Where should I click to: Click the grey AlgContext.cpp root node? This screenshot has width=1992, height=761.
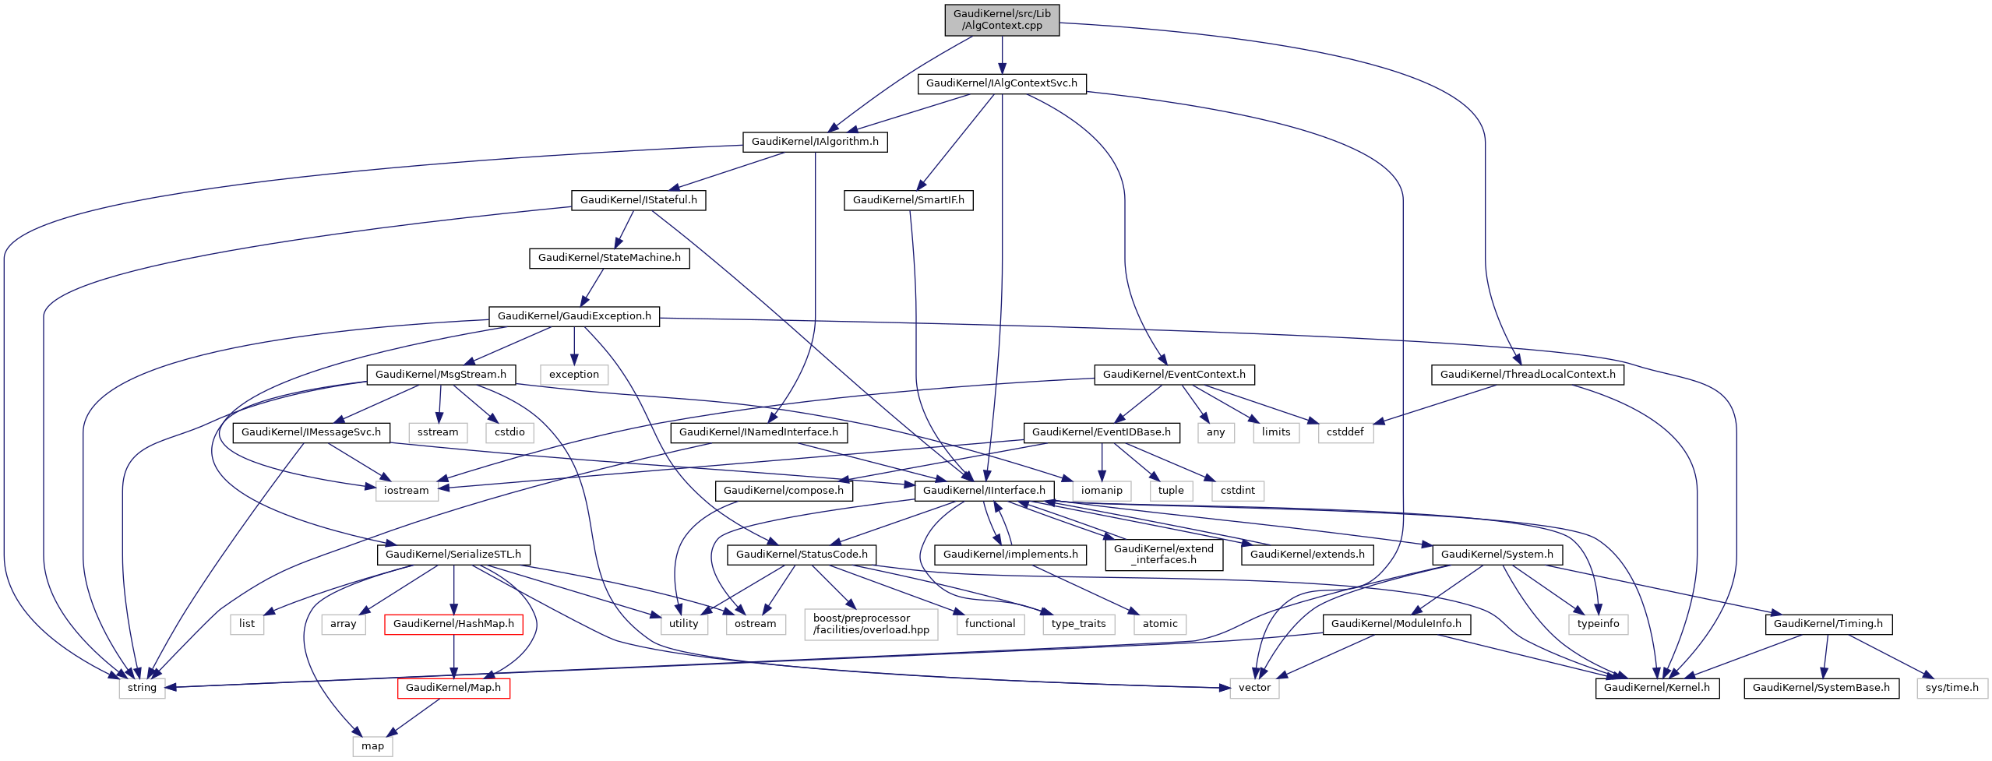(x=1002, y=19)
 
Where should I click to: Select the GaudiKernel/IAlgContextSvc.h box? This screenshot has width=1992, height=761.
(x=1001, y=83)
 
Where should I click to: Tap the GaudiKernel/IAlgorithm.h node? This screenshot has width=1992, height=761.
(x=814, y=142)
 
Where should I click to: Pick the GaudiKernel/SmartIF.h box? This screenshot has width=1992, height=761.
(x=908, y=200)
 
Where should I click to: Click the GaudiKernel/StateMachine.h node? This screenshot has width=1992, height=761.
(x=609, y=258)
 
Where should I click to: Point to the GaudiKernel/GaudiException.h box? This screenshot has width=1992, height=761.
(x=574, y=316)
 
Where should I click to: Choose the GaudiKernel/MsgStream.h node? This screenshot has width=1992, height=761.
(x=440, y=375)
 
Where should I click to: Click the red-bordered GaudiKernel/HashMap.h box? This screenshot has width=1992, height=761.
(x=453, y=624)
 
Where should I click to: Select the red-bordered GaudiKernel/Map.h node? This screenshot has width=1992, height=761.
(x=453, y=688)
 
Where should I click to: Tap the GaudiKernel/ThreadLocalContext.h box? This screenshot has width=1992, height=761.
(x=1527, y=375)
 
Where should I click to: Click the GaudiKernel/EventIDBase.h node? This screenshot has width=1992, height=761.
(x=1101, y=432)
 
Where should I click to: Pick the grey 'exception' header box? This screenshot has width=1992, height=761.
(x=574, y=375)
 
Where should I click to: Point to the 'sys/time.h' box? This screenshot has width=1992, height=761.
(x=1951, y=688)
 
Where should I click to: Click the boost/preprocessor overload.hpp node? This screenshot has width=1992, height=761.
(x=871, y=624)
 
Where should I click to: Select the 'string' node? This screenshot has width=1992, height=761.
(x=142, y=688)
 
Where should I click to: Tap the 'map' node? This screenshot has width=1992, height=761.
(x=372, y=746)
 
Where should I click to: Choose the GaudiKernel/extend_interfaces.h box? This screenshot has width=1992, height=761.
(x=1163, y=554)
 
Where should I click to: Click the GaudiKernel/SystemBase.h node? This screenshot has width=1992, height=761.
(x=1821, y=688)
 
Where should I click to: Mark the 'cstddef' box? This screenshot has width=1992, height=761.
(x=1345, y=432)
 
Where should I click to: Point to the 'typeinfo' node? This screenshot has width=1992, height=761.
(x=1598, y=624)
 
